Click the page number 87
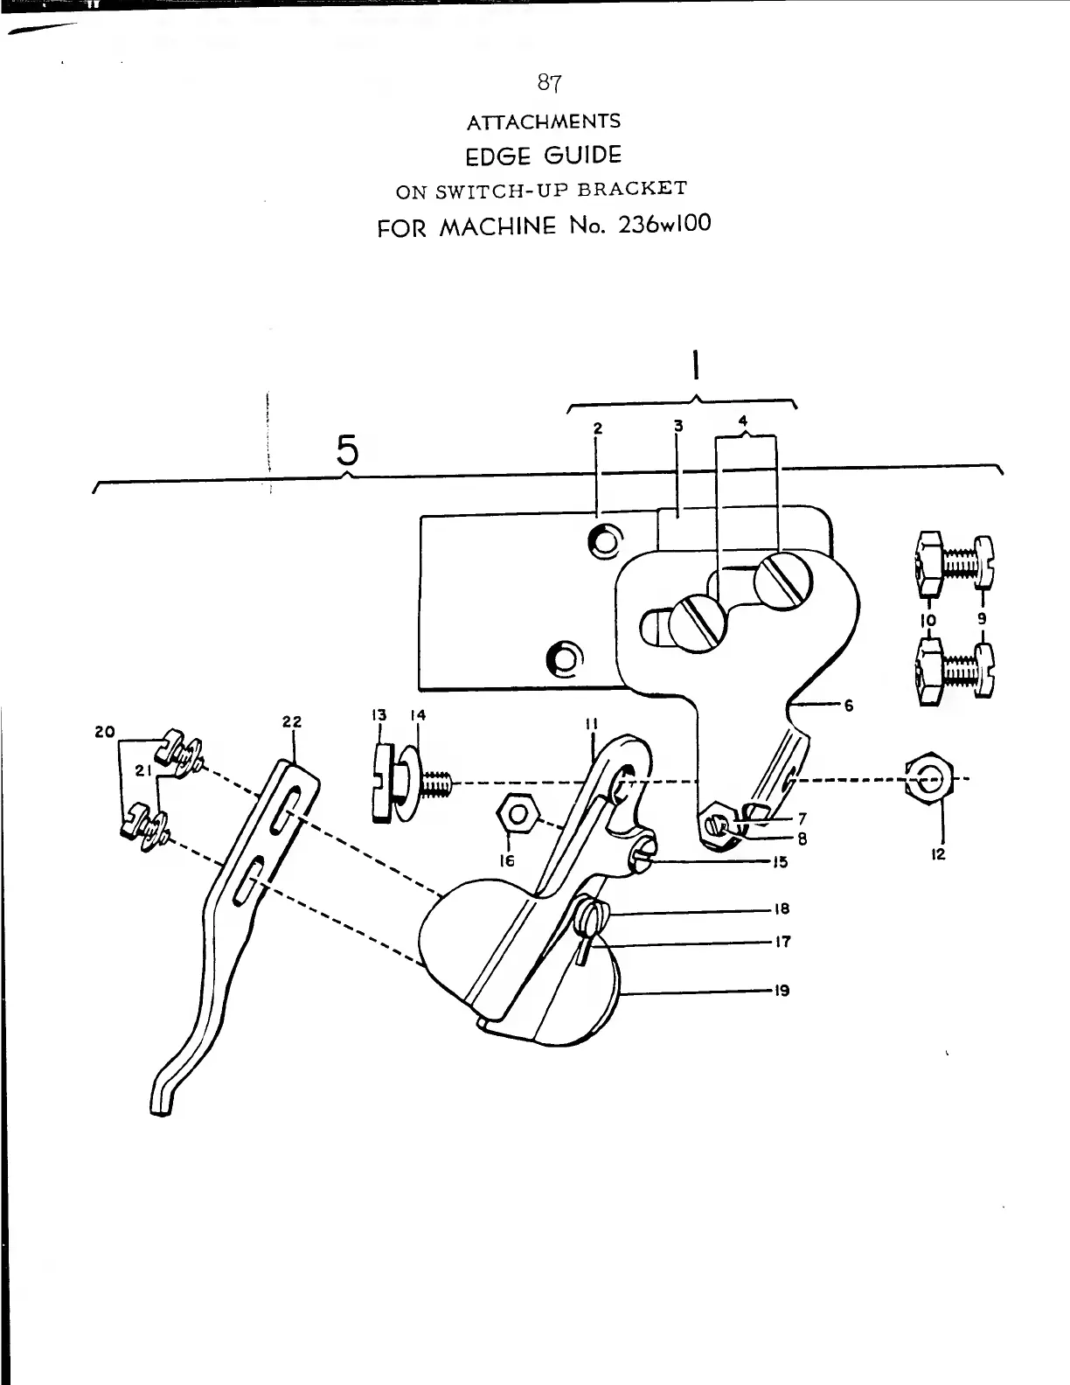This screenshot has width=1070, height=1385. (x=549, y=83)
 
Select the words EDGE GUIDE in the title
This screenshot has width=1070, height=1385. (x=544, y=156)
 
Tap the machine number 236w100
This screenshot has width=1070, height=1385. (x=664, y=224)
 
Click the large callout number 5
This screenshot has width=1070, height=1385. (x=347, y=451)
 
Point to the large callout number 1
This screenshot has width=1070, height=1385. (x=696, y=365)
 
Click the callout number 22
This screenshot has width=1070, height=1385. (x=292, y=721)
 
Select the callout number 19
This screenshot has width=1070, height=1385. (x=782, y=991)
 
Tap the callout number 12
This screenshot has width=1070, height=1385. (x=937, y=854)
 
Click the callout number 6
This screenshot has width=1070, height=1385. (x=848, y=705)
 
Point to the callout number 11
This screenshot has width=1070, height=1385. (x=594, y=724)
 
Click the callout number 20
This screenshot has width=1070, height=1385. (x=105, y=731)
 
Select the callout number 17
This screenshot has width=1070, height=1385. (x=782, y=942)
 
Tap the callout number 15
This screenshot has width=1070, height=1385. (x=780, y=862)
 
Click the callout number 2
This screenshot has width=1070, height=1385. (x=598, y=428)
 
